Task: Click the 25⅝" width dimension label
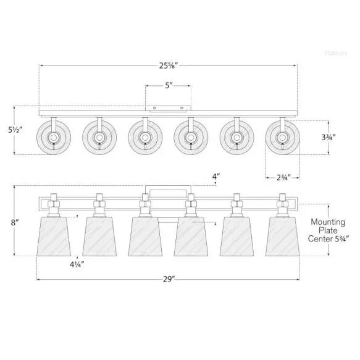pyautogui.click(x=168, y=65)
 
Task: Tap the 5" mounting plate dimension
pyautogui.click(x=168, y=86)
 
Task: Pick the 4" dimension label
pyautogui.click(x=216, y=177)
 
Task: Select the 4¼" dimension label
pyautogui.click(x=77, y=264)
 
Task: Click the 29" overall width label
pyautogui.click(x=168, y=279)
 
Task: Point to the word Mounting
pyautogui.click(x=328, y=222)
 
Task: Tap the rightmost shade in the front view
pyautogui.click(x=282, y=237)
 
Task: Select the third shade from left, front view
pyautogui.click(x=145, y=237)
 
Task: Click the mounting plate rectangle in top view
pyautogui.click(x=168, y=107)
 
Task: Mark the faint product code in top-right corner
pyautogui.click(x=335, y=54)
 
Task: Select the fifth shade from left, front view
pyautogui.click(x=237, y=237)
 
